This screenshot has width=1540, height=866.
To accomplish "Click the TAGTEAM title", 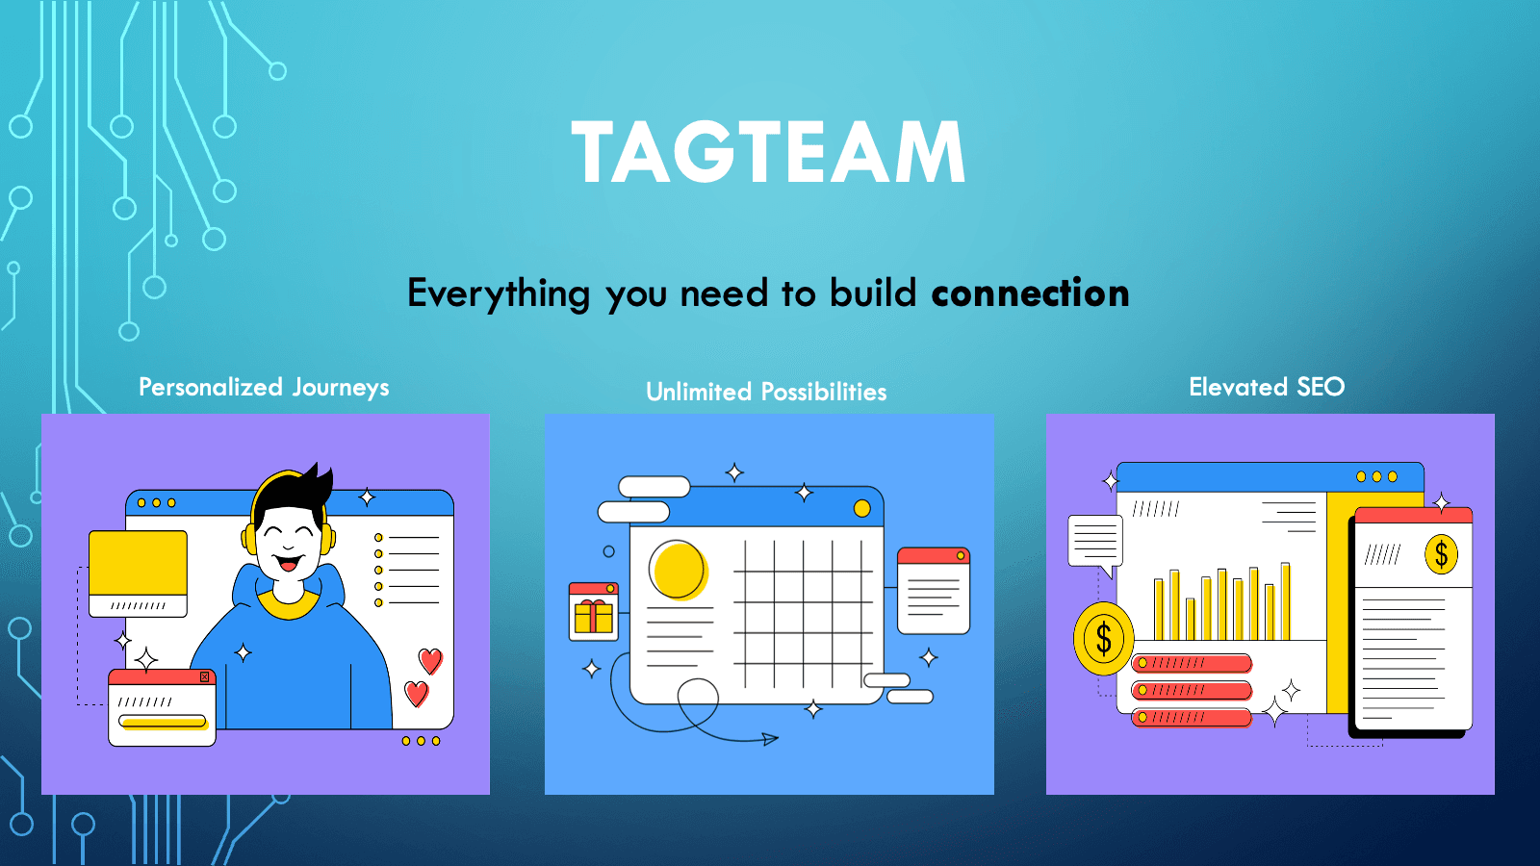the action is coord(768,152).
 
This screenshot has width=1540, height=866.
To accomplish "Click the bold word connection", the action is coord(1030,293).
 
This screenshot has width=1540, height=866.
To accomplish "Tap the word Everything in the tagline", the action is coord(498,293).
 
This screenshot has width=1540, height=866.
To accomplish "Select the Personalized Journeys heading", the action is coord(264,387).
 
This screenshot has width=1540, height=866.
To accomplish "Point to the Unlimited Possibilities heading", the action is coord(766,392).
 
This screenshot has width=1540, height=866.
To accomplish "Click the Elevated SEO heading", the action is coord(1267,387).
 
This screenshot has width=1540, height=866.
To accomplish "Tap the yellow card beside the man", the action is coord(138,564).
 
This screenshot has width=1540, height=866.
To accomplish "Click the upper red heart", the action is coord(430,660).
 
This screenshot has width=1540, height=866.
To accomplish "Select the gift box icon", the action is coord(593,614).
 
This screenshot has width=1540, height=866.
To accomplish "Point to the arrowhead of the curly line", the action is coord(770,739).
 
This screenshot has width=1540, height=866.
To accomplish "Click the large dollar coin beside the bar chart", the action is coord(1103,638).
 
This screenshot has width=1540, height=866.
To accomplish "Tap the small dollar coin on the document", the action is coord(1441,554).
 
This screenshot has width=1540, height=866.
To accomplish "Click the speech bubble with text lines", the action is coord(1095,541).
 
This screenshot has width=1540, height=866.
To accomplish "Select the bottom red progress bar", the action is coord(1192,717).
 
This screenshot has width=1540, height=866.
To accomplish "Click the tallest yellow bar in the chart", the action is coord(1285,601).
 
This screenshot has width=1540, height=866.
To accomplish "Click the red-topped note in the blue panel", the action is coord(933,591).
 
